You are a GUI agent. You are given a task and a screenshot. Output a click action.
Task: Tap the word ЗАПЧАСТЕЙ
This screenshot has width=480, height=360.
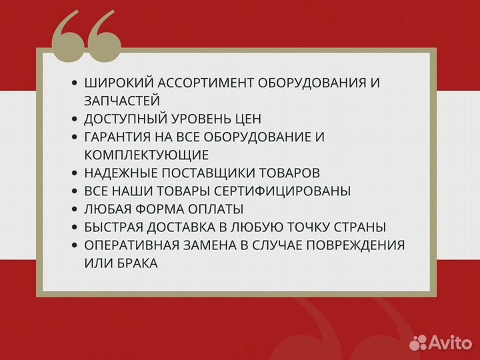click(x=122, y=101)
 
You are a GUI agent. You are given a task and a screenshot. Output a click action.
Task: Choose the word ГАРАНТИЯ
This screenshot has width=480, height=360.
click(x=117, y=137)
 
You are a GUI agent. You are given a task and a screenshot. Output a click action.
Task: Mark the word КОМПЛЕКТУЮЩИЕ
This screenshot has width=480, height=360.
click(x=146, y=155)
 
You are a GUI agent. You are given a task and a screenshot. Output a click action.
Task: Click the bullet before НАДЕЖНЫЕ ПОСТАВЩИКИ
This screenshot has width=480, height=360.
click(x=75, y=173)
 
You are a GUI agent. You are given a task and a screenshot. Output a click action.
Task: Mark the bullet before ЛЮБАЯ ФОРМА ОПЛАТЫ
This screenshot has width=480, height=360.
click(x=75, y=209)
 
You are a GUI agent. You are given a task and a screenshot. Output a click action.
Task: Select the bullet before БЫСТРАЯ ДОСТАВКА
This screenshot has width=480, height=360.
click(x=75, y=227)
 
